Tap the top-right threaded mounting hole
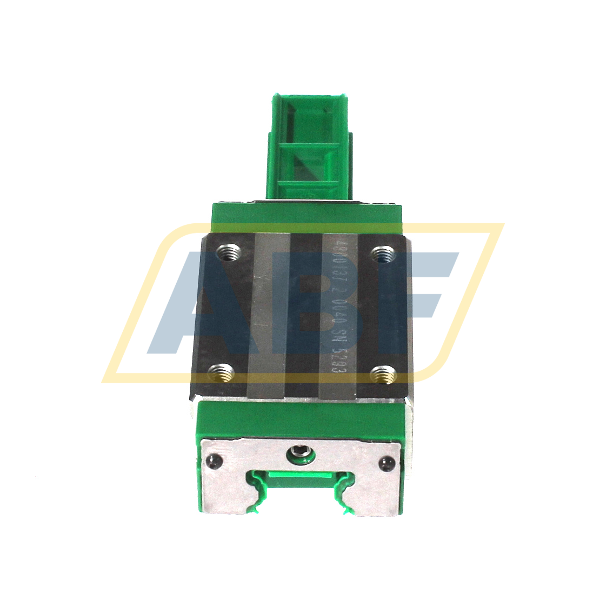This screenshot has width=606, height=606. [384, 252]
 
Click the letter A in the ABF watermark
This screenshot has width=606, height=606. [200, 303]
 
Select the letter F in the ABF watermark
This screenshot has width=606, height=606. [416, 303]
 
